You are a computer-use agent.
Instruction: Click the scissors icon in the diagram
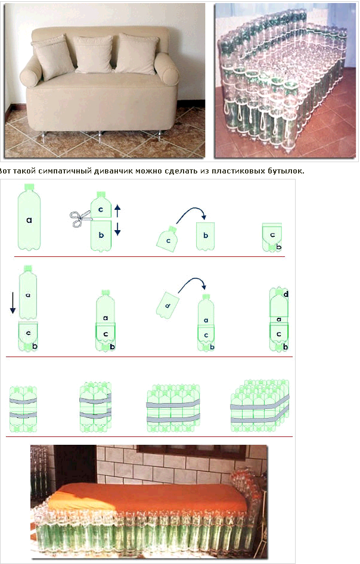click(80, 219)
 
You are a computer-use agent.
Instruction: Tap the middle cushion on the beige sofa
click(94, 54)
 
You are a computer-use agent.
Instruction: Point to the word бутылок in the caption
click(285, 171)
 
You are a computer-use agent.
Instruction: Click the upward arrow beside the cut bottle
click(117, 211)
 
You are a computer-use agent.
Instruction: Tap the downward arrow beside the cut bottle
click(117, 229)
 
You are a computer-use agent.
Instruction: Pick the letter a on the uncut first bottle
click(29, 220)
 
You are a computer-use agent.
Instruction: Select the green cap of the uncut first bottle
click(29, 187)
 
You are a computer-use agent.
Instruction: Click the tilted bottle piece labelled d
click(167, 305)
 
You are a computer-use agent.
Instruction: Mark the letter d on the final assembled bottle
click(286, 295)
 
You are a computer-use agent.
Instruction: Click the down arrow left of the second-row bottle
click(13, 302)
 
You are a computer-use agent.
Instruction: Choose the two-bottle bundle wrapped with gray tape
click(23, 409)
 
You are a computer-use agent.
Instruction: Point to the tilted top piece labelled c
click(167, 239)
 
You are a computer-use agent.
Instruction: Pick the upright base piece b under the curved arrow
click(206, 236)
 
